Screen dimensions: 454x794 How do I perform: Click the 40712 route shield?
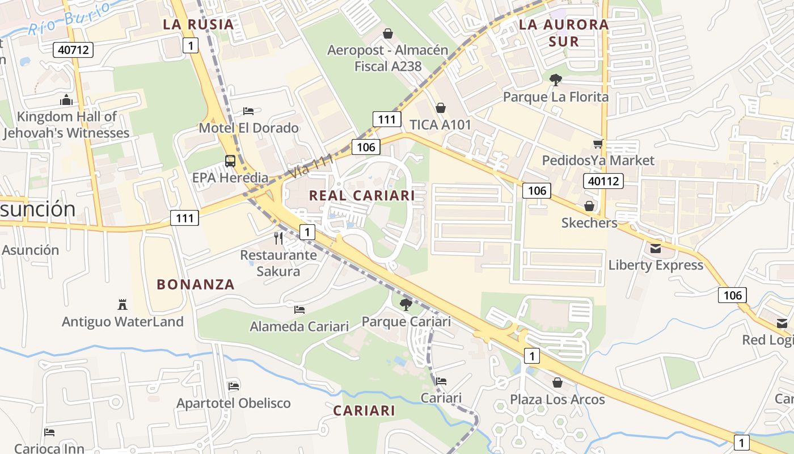tap(74, 50)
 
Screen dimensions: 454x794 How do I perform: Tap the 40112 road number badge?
tap(603, 181)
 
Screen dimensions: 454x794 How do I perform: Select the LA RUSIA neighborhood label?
tap(198, 24)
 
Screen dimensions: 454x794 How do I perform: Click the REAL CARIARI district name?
tap(362, 196)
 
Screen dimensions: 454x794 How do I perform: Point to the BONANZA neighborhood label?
tap(196, 285)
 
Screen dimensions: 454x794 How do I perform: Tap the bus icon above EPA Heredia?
tap(230, 161)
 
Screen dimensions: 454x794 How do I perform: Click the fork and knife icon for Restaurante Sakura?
tap(278, 238)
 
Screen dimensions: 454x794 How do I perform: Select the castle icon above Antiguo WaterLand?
tap(122, 305)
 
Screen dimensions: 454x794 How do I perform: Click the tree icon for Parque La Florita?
tap(556, 80)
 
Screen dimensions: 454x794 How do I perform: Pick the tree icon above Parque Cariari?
tap(406, 305)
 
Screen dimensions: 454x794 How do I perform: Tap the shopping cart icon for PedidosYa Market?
tap(598, 144)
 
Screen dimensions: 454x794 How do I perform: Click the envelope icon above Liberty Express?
tap(656, 249)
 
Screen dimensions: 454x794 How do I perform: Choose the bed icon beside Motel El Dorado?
tap(248, 111)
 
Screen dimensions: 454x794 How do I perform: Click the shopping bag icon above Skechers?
tap(589, 206)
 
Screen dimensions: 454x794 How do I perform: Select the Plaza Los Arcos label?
tap(557, 400)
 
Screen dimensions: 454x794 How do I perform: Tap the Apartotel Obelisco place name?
tap(234, 403)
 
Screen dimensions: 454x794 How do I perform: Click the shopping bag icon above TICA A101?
tap(440, 108)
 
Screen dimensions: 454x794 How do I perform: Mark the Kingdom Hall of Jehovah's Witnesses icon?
tap(66, 100)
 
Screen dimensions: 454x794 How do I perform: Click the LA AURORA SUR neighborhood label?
tap(564, 33)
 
